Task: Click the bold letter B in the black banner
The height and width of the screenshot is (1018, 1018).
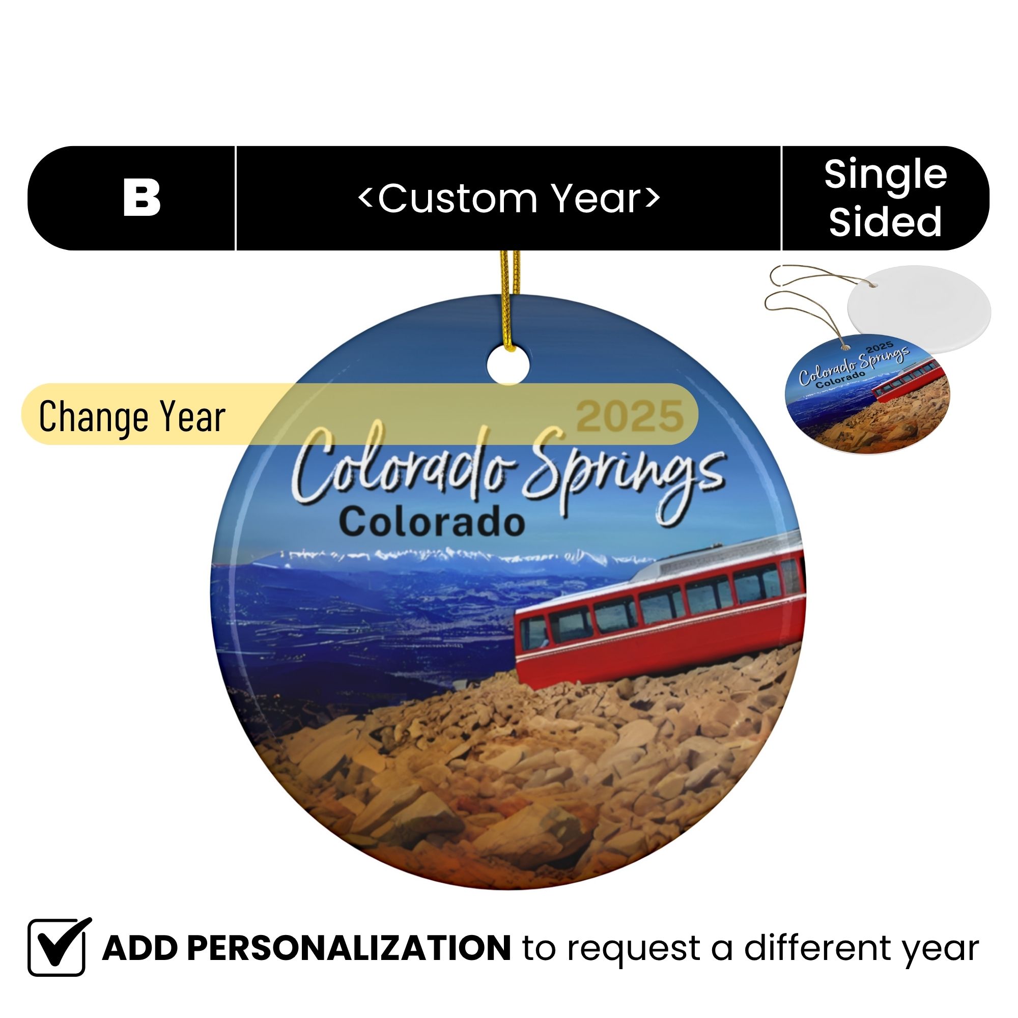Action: [x=142, y=198]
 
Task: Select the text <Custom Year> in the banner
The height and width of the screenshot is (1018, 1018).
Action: [x=508, y=199]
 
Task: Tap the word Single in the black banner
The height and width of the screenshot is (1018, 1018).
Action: [x=885, y=175]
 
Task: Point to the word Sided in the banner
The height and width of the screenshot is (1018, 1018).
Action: [x=885, y=221]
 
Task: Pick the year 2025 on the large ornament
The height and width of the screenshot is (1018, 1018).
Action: [x=630, y=416]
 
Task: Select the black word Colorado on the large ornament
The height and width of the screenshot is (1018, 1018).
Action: [x=432, y=521]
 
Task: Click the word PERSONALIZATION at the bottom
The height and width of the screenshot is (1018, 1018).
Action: [x=349, y=948]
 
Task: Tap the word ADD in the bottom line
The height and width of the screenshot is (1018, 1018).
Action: [x=140, y=948]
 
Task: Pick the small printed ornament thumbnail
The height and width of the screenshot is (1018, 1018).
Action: [x=867, y=394]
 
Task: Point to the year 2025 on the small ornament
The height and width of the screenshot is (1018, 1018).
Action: [x=880, y=348]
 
